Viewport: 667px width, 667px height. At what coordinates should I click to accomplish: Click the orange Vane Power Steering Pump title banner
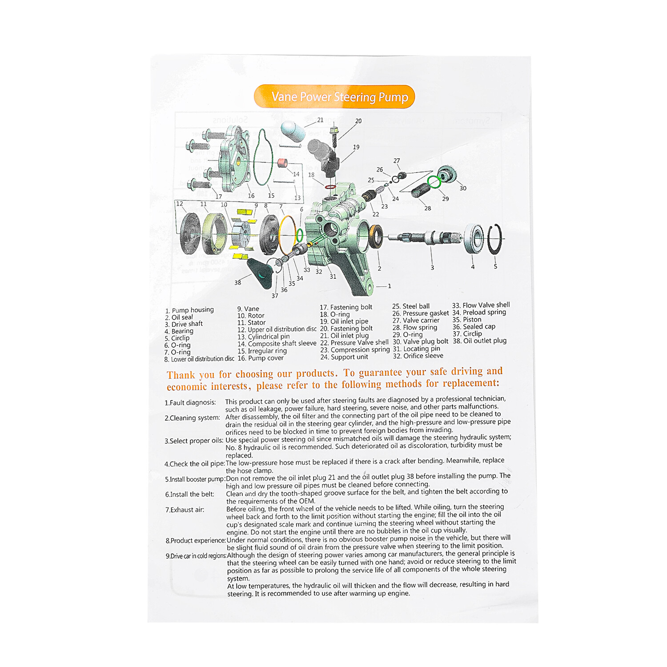(x=334, y=96)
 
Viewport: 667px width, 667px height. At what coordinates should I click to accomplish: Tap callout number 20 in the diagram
(x=358, y=121)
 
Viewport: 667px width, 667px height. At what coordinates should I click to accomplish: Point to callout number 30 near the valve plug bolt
(x=463, y=188)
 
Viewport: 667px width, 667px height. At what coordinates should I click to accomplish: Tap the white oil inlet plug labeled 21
(x=293, y=130)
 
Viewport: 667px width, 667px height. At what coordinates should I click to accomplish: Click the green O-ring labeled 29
(x=434, y=181)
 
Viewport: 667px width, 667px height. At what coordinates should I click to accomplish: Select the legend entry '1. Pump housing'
(x=189, y=310)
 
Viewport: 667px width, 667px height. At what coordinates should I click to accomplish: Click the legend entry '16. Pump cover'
(x=261, y=358)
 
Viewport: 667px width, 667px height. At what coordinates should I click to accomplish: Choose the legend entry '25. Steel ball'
(x=411, y=306)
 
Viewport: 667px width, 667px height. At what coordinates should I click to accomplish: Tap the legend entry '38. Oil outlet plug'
(x=480, y=341)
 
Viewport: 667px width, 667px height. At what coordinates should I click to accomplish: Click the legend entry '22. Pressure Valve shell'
(x=354, y=342)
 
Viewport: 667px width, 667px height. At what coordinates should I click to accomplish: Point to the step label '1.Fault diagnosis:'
(x=190, y=402)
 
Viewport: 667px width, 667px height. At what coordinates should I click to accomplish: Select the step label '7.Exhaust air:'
(x=185, y=510)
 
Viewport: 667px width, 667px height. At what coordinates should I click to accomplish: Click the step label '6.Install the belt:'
(x=190, y=494)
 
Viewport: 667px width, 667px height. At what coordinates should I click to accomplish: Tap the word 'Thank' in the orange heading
(x=181, y=375)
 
